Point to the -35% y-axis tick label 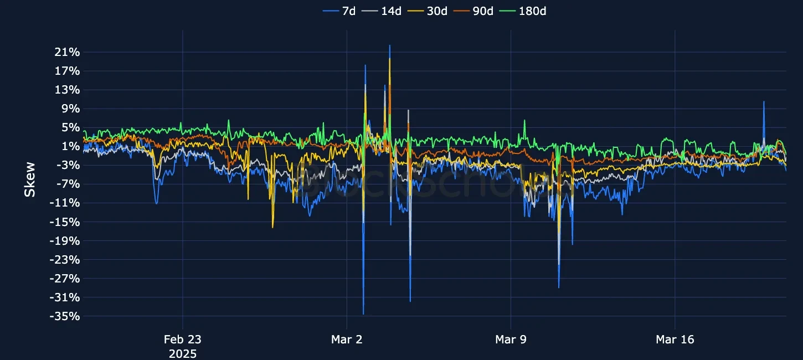(x=65, y=316)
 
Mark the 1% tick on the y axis (x=70, y=146)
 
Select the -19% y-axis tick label (x=65, y=241)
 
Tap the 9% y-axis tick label (x=70, y=109)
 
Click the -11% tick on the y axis (x=65, y=203)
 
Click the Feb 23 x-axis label (x=182, y=340)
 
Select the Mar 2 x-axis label (x=347, y=340)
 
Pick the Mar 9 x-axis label (x=511, y=340)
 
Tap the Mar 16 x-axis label (x=675, y=340)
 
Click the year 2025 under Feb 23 (x=182, y=353)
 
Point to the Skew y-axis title (x=30, y=179)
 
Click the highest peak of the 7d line (x=389, y=45)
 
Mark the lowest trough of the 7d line (x=363, y=314)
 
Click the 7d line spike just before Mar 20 (x=764, y=101)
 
